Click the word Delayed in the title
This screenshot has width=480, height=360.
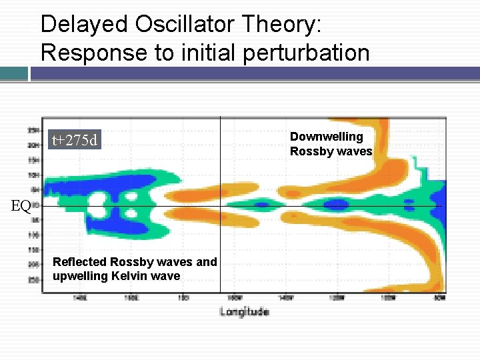[x=83, y=25]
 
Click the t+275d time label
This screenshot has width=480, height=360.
[x=75, y=140]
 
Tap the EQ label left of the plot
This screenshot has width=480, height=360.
[x=21, y=206]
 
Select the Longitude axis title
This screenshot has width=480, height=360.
[x=244, y=311]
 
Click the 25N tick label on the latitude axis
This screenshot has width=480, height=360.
[x=32, y=129]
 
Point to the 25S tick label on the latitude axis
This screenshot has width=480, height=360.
[x=32, y=280]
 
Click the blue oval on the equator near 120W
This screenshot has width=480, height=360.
[x=336, y=204]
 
